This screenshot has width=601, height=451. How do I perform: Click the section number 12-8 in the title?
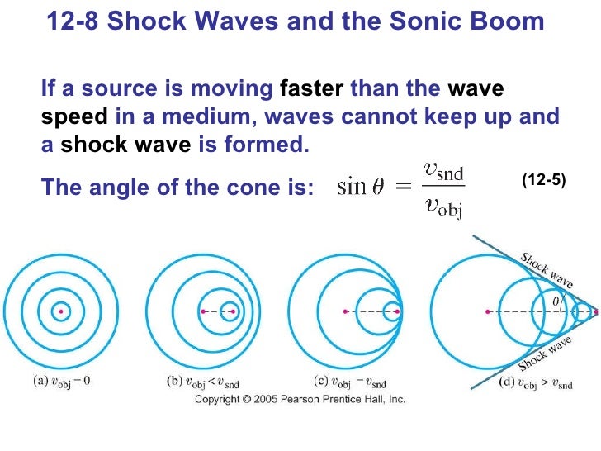73,21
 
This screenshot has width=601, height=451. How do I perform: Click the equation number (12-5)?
544,178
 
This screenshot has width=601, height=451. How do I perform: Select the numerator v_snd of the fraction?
443,172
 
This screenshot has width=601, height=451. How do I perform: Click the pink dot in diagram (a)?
59,311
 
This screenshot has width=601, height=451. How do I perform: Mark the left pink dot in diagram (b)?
203,311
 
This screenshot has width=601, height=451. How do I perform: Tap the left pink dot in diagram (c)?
345,311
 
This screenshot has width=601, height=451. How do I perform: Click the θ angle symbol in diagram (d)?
556,304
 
